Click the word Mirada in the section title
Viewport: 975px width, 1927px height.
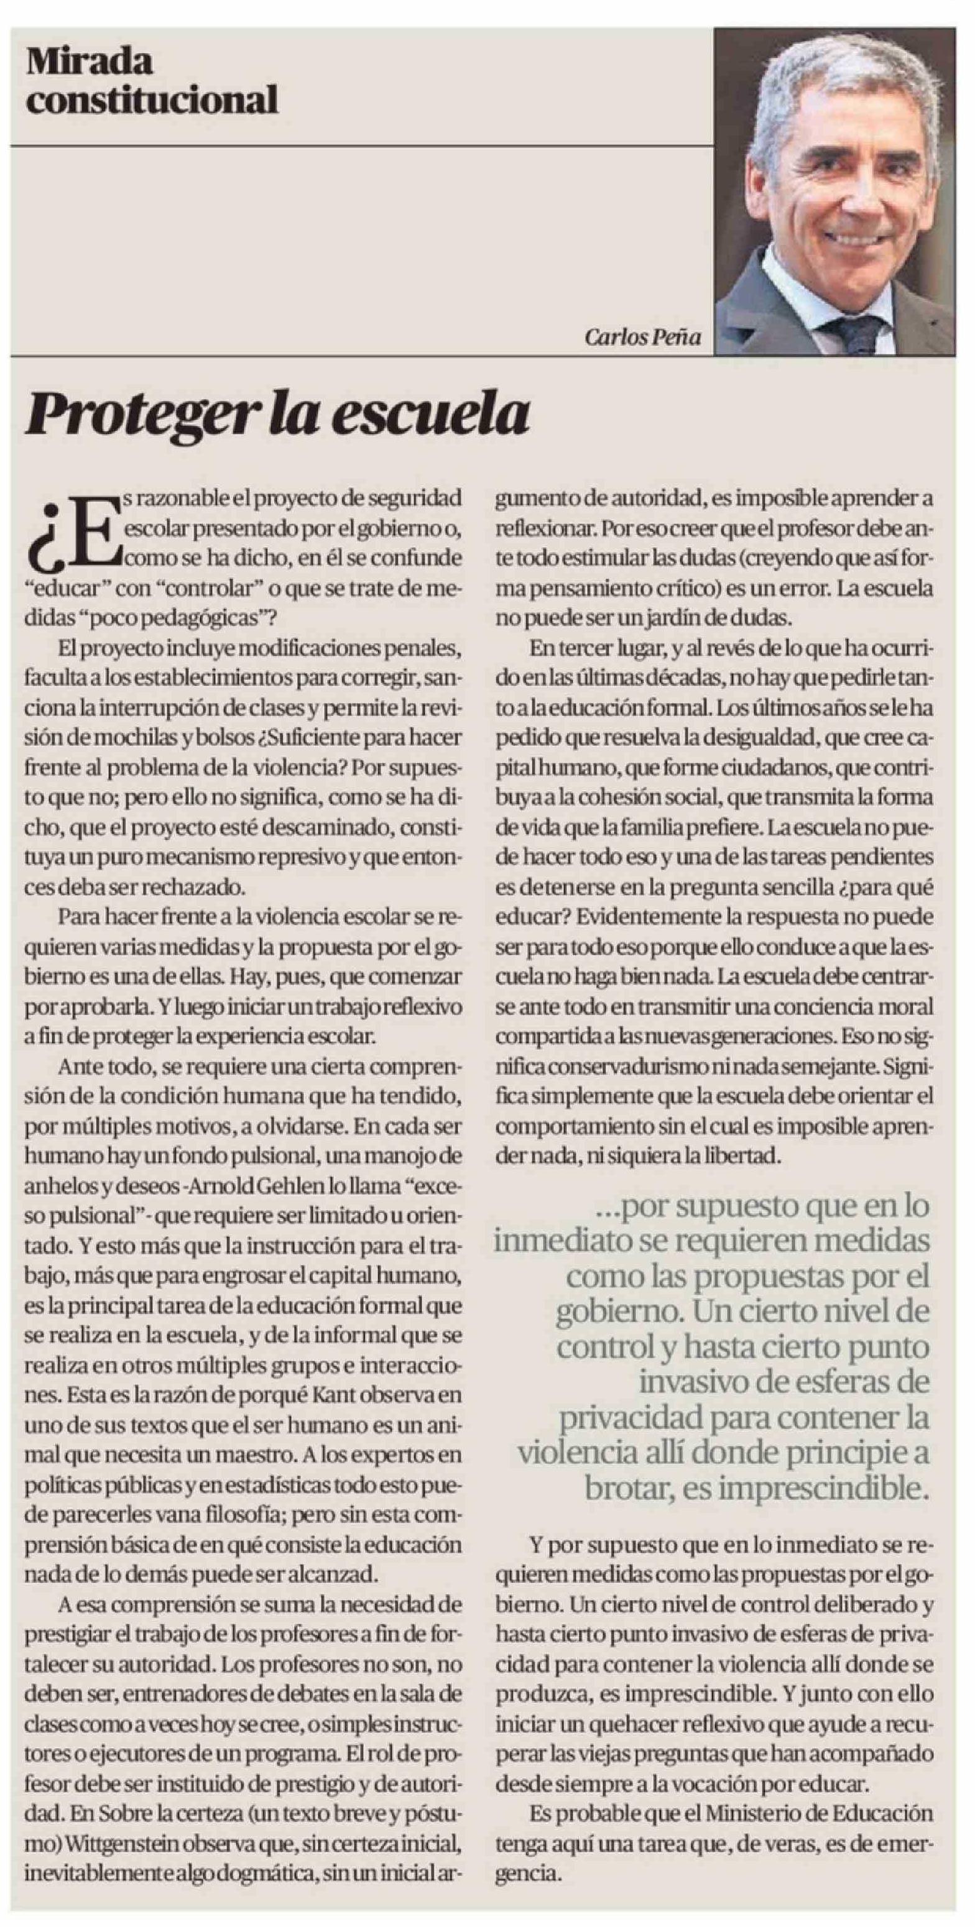pos(90,62)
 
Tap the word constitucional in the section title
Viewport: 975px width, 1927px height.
pos(152,99)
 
